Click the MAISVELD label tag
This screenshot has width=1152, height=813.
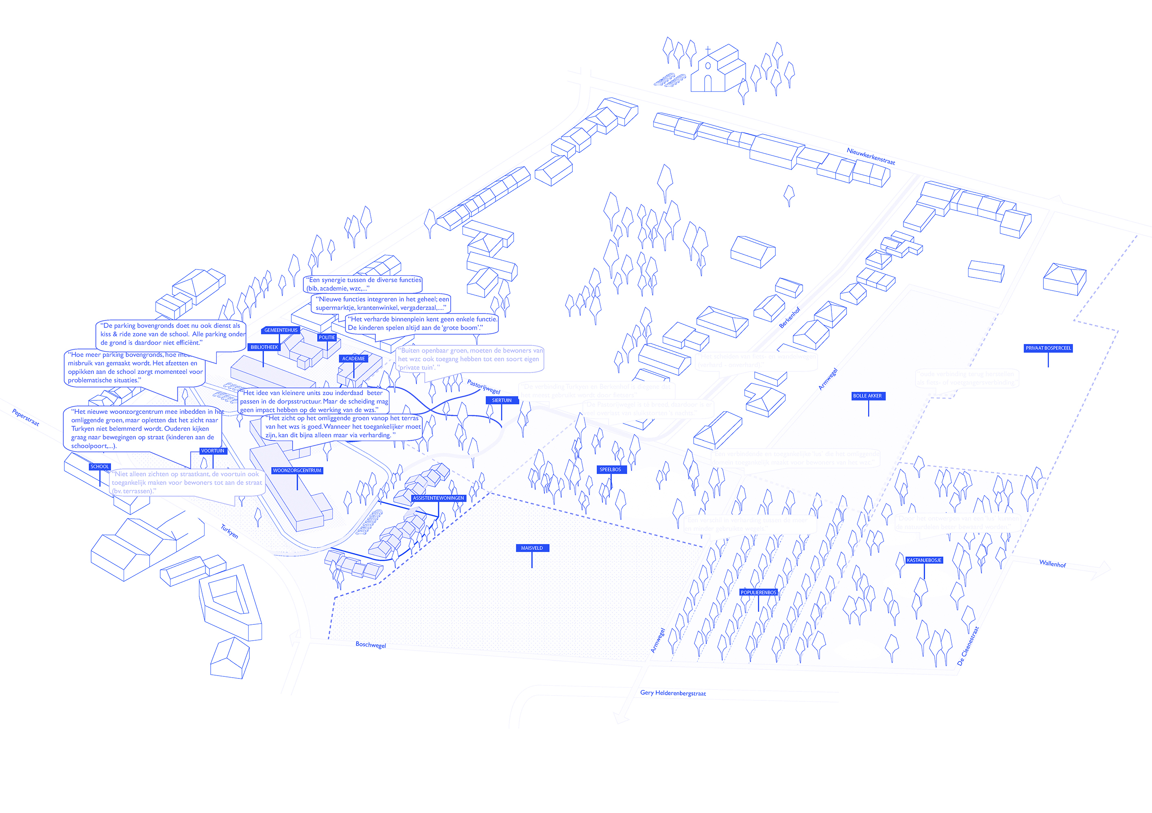(532, 548)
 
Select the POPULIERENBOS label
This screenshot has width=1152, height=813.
(758, 592)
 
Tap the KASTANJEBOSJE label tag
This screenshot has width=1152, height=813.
(924, 560)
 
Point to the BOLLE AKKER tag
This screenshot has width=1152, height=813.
(868, 396)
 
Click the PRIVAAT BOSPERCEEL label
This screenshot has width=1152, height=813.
(1048, 348)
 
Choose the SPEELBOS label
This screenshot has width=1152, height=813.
(610, 470)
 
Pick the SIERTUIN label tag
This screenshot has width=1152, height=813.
(502, 400)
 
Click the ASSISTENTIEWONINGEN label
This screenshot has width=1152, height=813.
(438, 498)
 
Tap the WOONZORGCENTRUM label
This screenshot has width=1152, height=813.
(297, 470)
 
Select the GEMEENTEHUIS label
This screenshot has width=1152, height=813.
(281, 330)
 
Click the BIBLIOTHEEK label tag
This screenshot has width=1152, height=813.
(264, 347)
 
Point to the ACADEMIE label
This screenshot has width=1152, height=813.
(354, 359)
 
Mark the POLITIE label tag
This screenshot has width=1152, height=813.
(327, 337)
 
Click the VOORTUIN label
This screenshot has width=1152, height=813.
(213, 451)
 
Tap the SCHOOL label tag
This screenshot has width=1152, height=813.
(99, 466)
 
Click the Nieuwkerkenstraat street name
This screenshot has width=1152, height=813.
(871, 156)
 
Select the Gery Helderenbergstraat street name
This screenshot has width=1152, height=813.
(673, 693)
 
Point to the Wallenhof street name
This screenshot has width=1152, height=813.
(1052, 564)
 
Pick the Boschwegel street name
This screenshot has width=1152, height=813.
(371, 644)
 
